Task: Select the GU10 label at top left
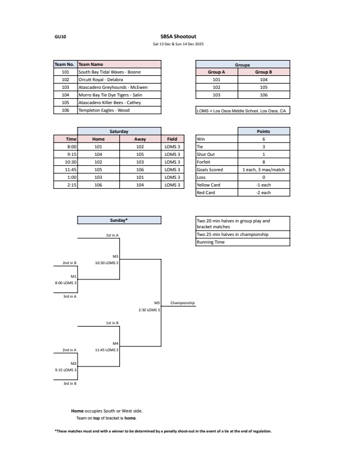click(x=60, y=36)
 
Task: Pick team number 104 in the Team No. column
click(x=65, y=94)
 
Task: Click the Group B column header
click(x=264, y=71)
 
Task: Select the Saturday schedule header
click(x=119, y=131)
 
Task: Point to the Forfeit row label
click(x=204, y=162)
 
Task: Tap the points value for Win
click(x=264, y=139)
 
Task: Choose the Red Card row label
click(x=206, y=192)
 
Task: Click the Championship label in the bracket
click(x=182, y=303)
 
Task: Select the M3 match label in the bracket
click(x=115, y=256)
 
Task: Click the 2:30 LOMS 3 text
click(x=149, y=309)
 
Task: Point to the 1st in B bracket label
click(x=112, y=322)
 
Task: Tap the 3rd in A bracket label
click(x=70, y=296)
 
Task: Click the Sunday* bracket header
click(x=119, y=219)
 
